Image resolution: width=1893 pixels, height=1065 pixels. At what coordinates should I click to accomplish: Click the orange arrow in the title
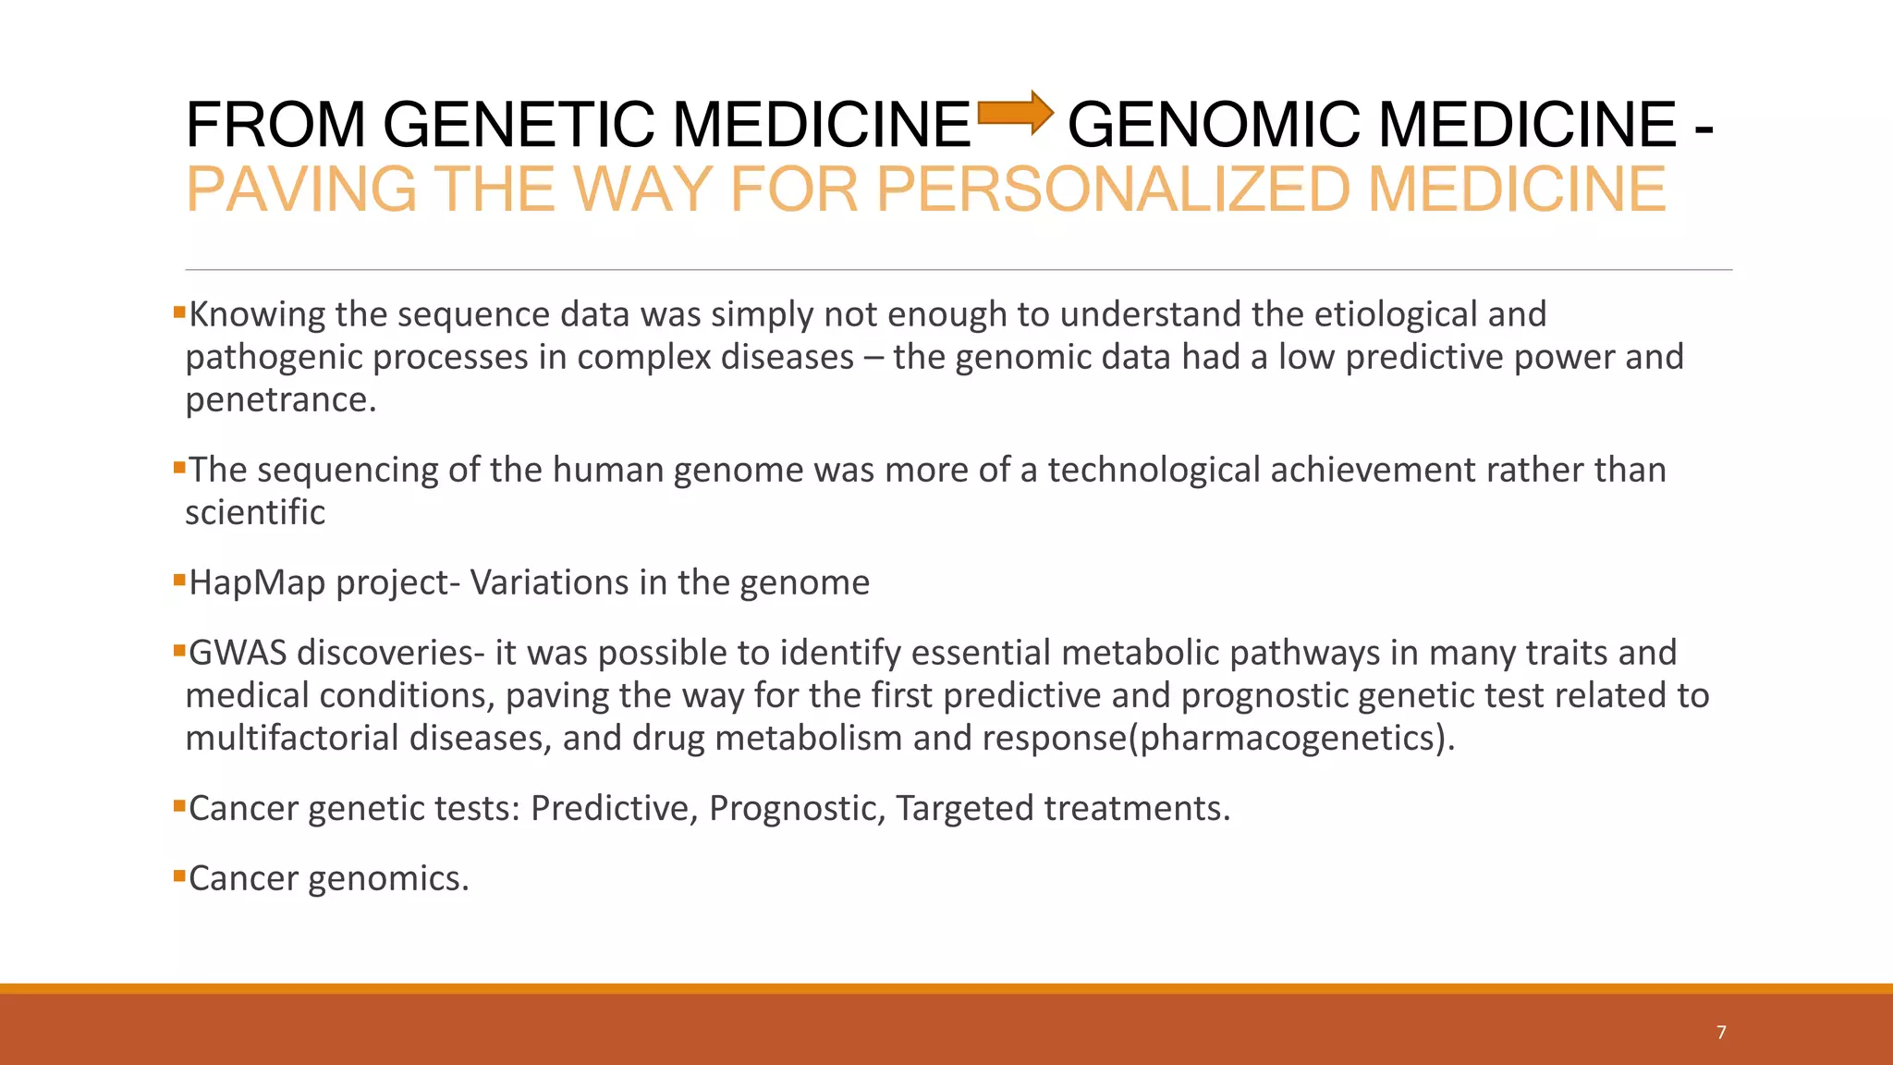pyautogui.click(x=1015, y=113)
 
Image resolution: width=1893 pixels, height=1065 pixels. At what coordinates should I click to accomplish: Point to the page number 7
pyautogui.click(x=1721, y=1033)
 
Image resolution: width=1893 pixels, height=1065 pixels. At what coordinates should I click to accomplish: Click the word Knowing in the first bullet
pyautogui.click(x=257, y=315)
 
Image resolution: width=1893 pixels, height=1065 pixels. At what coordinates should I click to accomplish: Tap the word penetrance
pyautogui.click(x=280, y=400)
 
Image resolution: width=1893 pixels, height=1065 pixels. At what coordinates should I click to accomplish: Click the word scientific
pyautogui.click(x=255, y=513)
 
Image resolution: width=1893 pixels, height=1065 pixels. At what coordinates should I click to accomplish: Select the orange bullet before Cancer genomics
pyautogui.click(x=179, y=875)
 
